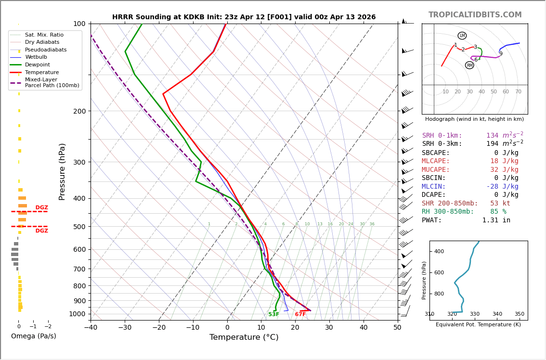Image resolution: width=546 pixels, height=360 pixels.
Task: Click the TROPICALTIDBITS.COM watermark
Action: (475, 15)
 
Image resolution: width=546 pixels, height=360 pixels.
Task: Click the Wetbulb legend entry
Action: (36, 57)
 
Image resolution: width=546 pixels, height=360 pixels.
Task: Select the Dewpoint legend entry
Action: (38, 64)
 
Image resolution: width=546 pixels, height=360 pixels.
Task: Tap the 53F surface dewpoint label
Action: (273, 314)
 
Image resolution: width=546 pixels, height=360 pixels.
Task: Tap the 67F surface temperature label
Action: (300, 314)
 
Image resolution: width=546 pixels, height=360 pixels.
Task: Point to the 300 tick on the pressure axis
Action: (79, 162)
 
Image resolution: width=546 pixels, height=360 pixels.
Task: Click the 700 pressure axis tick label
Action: (79, 269)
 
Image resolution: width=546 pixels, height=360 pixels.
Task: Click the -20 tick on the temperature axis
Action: (159, 328)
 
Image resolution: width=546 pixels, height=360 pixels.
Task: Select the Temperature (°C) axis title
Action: (244, 337)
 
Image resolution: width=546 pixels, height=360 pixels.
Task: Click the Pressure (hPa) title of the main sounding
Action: (62, 171)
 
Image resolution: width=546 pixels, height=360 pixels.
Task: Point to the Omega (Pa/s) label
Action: (33, 336)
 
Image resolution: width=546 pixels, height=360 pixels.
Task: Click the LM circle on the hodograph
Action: (462, 36)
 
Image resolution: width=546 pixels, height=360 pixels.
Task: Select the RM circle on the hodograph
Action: (469, 65)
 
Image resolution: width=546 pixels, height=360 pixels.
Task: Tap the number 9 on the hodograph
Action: (501, 54)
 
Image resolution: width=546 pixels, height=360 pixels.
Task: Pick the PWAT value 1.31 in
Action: (496, 220)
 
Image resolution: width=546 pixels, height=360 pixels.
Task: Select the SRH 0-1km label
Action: (442, 136)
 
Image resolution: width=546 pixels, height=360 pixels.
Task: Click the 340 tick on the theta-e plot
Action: (497, 314)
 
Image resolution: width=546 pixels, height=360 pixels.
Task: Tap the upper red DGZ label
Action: (42, 208)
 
